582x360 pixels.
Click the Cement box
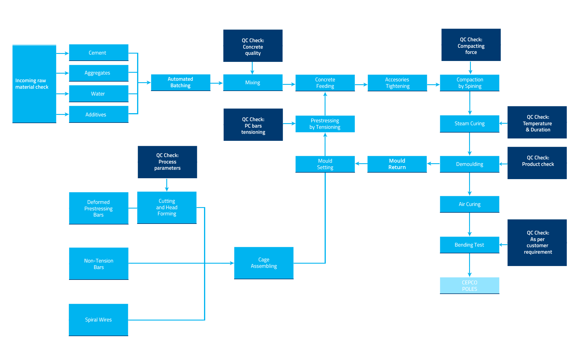99,53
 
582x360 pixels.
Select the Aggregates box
99,73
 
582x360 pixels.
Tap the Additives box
99,114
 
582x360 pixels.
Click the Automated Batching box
180,82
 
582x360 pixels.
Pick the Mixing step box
253,82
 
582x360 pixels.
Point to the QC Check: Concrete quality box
253,46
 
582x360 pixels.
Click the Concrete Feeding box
325,83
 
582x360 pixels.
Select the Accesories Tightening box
397,83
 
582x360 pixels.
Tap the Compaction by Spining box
469,83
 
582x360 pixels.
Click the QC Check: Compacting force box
471,45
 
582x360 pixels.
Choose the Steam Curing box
469,124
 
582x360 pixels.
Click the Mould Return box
397,164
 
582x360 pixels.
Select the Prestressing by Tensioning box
325,124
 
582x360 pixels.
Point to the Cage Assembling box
264,263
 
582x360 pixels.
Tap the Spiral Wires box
98,320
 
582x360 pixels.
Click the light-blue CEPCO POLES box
469,285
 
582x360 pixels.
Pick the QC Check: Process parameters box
167,162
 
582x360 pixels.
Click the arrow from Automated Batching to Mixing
217,83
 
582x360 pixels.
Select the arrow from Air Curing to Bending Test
470,224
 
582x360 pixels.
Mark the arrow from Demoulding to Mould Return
433,164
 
